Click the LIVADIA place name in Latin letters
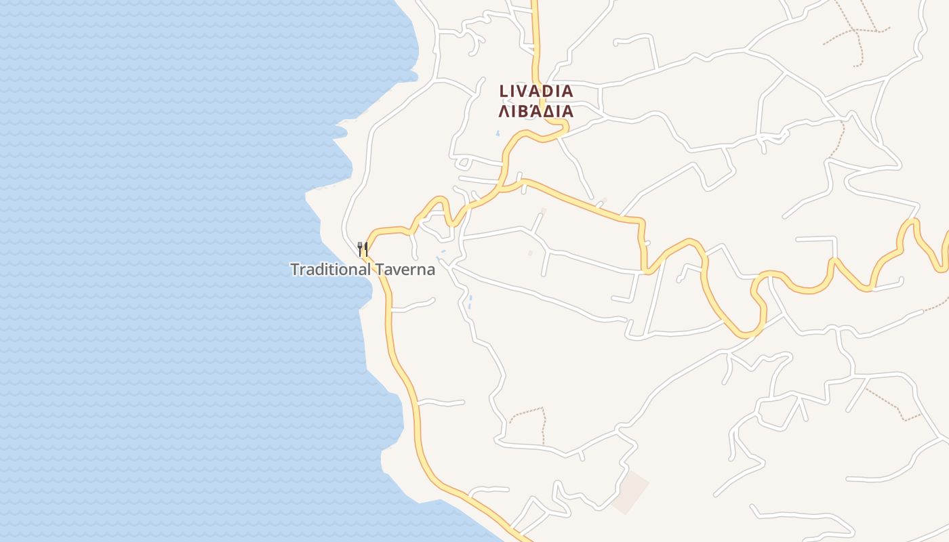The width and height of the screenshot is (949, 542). tap(536, 91)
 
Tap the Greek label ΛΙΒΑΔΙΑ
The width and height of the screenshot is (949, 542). tap(536, 111)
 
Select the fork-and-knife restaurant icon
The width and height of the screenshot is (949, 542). tap(363, 249)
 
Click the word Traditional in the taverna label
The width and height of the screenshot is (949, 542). tap(330, 270)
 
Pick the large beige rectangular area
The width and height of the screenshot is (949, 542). tap(630, 492)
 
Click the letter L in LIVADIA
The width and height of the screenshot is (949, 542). tap(504, 91)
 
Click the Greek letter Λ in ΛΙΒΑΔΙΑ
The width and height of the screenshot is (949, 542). tap(504, 112)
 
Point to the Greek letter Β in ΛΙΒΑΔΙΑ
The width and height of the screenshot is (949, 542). tap(524, 112)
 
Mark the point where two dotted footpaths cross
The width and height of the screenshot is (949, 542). tap(855, 30)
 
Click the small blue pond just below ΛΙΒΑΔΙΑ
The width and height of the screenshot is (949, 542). tap(498, 133)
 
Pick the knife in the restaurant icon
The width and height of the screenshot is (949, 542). tap(366, 249)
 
